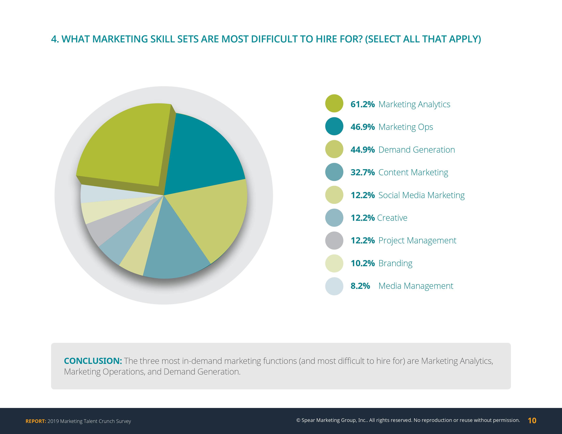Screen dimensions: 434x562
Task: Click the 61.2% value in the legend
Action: point(362,104)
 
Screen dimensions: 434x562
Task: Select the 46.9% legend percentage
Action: point(362,127)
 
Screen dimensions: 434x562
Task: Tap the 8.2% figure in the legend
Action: point(360,286)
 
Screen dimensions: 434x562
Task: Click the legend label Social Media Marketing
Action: point(421,195)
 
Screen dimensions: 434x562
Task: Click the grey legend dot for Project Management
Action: point(334,240)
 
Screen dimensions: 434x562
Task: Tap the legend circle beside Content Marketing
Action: point(334,172)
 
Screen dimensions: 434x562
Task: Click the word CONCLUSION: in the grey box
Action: point(93,361)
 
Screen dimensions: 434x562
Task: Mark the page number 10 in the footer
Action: point(532,421)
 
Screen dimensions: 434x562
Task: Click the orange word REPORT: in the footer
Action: point(36,421)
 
